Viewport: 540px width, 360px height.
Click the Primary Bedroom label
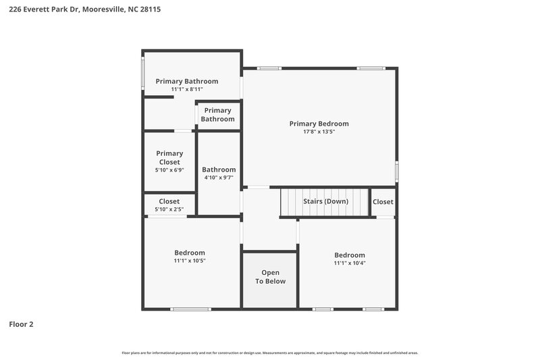[319, 124]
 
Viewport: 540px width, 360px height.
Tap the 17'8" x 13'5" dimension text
[319, 132]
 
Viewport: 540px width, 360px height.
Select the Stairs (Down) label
[326, 201]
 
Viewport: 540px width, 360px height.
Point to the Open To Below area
[270, 277]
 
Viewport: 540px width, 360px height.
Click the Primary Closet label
[169, 157]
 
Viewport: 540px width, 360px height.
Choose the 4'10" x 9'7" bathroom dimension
[219, 178]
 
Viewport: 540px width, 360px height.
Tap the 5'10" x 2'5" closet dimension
[169, 209]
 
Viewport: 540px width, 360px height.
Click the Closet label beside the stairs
[383, 201]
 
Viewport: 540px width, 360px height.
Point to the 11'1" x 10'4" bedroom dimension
[350, 263]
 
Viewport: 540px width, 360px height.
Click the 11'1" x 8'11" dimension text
[187, 89]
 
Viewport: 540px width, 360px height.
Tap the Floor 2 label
[21, 324]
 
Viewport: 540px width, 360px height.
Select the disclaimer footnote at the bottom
[270, 353]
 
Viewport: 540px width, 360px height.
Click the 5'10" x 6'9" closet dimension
[169, 170]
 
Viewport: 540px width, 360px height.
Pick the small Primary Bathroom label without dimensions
[218, 115]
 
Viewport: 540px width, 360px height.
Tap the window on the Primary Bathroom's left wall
[142, 73]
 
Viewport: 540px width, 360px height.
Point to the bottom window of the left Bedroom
[190, 309]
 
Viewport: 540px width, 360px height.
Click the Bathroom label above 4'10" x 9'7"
[219, 170]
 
